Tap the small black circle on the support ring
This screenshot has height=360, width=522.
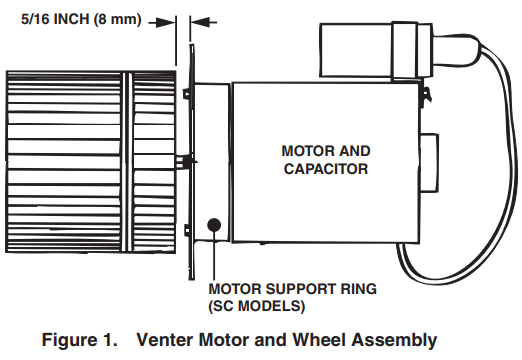(x=213, y=226)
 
